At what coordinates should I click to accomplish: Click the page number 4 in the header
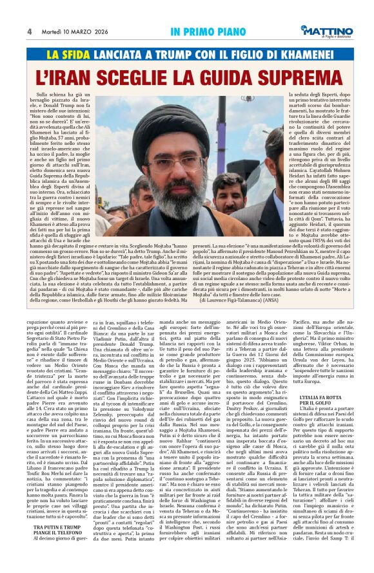(x=30, y=32)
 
